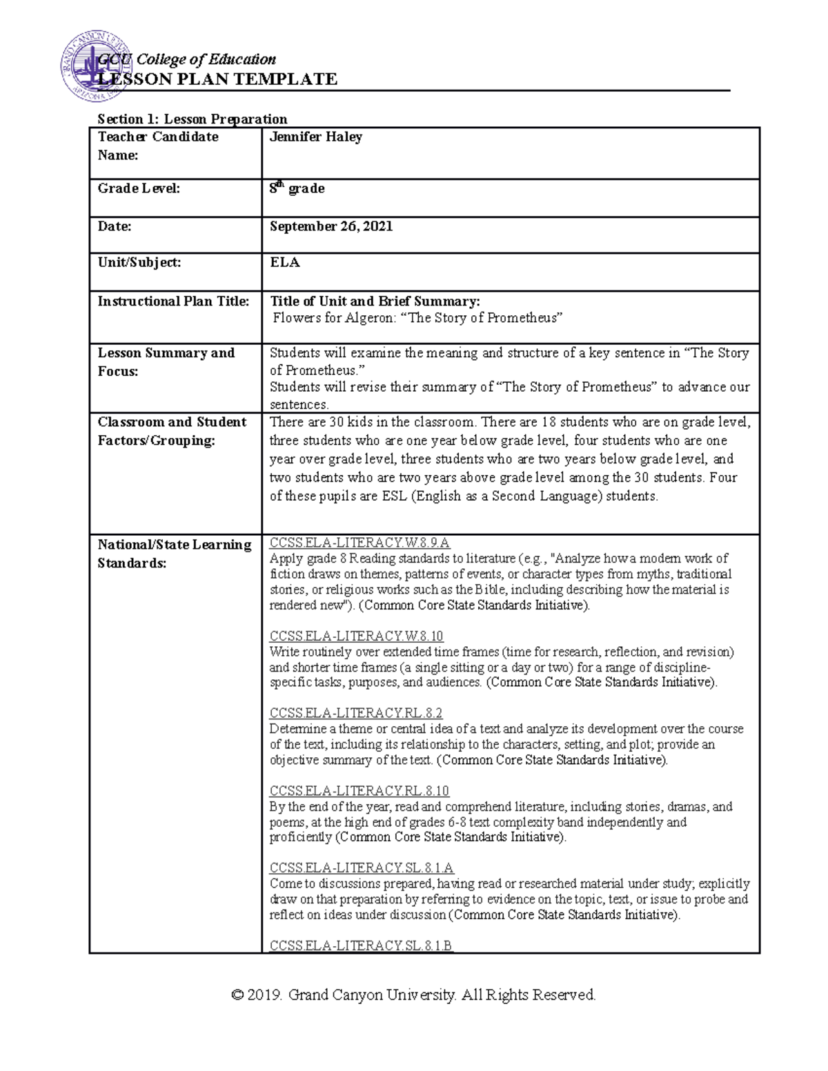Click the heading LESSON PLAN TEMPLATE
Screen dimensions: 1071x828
[217, 79]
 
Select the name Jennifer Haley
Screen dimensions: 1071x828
[315, 137]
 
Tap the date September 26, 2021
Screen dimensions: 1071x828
[331, 226]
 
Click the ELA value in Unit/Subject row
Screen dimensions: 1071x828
[284, 262]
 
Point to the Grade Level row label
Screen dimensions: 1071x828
[139, 188]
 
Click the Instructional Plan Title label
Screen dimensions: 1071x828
[173, 301]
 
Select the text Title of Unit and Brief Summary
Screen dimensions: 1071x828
[375, 301]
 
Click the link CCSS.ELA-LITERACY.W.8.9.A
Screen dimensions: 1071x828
[359, 543]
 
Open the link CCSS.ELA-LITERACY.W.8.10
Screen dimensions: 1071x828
[356, 636]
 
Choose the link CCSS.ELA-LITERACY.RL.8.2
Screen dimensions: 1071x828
[355, 713]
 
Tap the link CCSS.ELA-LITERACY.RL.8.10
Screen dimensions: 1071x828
[359, 790]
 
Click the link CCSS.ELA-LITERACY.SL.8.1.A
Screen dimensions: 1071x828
[362, 868]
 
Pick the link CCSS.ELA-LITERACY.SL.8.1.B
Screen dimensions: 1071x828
[361, 945]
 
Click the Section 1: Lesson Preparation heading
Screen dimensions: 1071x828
[192, 119]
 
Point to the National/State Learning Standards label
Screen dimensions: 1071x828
[174, 553]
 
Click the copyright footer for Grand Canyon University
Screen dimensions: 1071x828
[413, 994]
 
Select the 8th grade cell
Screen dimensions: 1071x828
[297, 188]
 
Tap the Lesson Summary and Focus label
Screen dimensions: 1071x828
[166, 361]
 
